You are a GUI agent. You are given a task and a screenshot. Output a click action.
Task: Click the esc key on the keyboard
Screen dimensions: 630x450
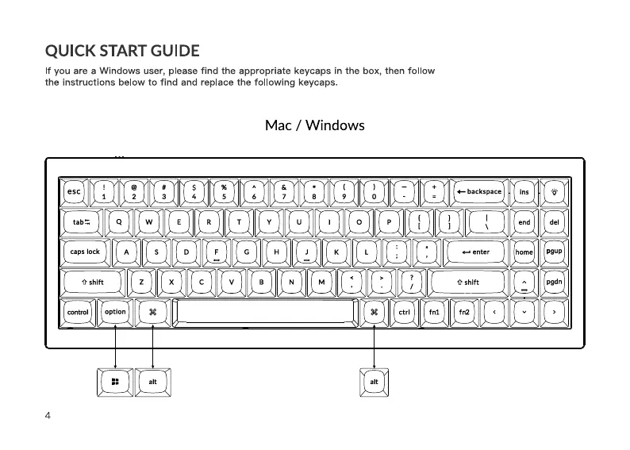tap(74, 191)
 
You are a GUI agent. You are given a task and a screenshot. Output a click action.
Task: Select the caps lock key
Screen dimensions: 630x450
tap(85, 252)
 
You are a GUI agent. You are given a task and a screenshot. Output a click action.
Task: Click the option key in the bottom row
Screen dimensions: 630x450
tap(115, 312)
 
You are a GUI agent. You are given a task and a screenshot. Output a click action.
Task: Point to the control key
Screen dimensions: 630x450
tap(78, 313)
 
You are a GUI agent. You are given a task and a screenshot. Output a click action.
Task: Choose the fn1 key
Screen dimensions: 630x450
tap(434, 313)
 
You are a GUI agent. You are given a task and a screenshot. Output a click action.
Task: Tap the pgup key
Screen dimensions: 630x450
tap(554, 252)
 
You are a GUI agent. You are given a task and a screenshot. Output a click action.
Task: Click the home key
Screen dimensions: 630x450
tap(524, 252)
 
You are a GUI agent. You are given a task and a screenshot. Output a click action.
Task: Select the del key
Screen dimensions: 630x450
tap(554, 222)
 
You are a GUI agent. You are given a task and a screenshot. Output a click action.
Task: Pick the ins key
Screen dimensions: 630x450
tap(524, 191)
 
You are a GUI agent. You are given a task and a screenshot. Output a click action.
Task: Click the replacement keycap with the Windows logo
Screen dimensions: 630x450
tap(115, 383)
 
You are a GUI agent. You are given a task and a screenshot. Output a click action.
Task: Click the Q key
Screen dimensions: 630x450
tap(119, 222)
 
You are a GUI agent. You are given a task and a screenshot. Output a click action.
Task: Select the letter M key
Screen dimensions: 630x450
tap(321, 282)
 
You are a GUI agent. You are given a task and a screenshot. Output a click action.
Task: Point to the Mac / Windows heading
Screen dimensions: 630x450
tap(315, 125)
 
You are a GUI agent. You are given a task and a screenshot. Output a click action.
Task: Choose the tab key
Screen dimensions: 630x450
tap(81, 222)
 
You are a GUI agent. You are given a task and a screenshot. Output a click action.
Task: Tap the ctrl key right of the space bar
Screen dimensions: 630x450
tap(404, 313)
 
